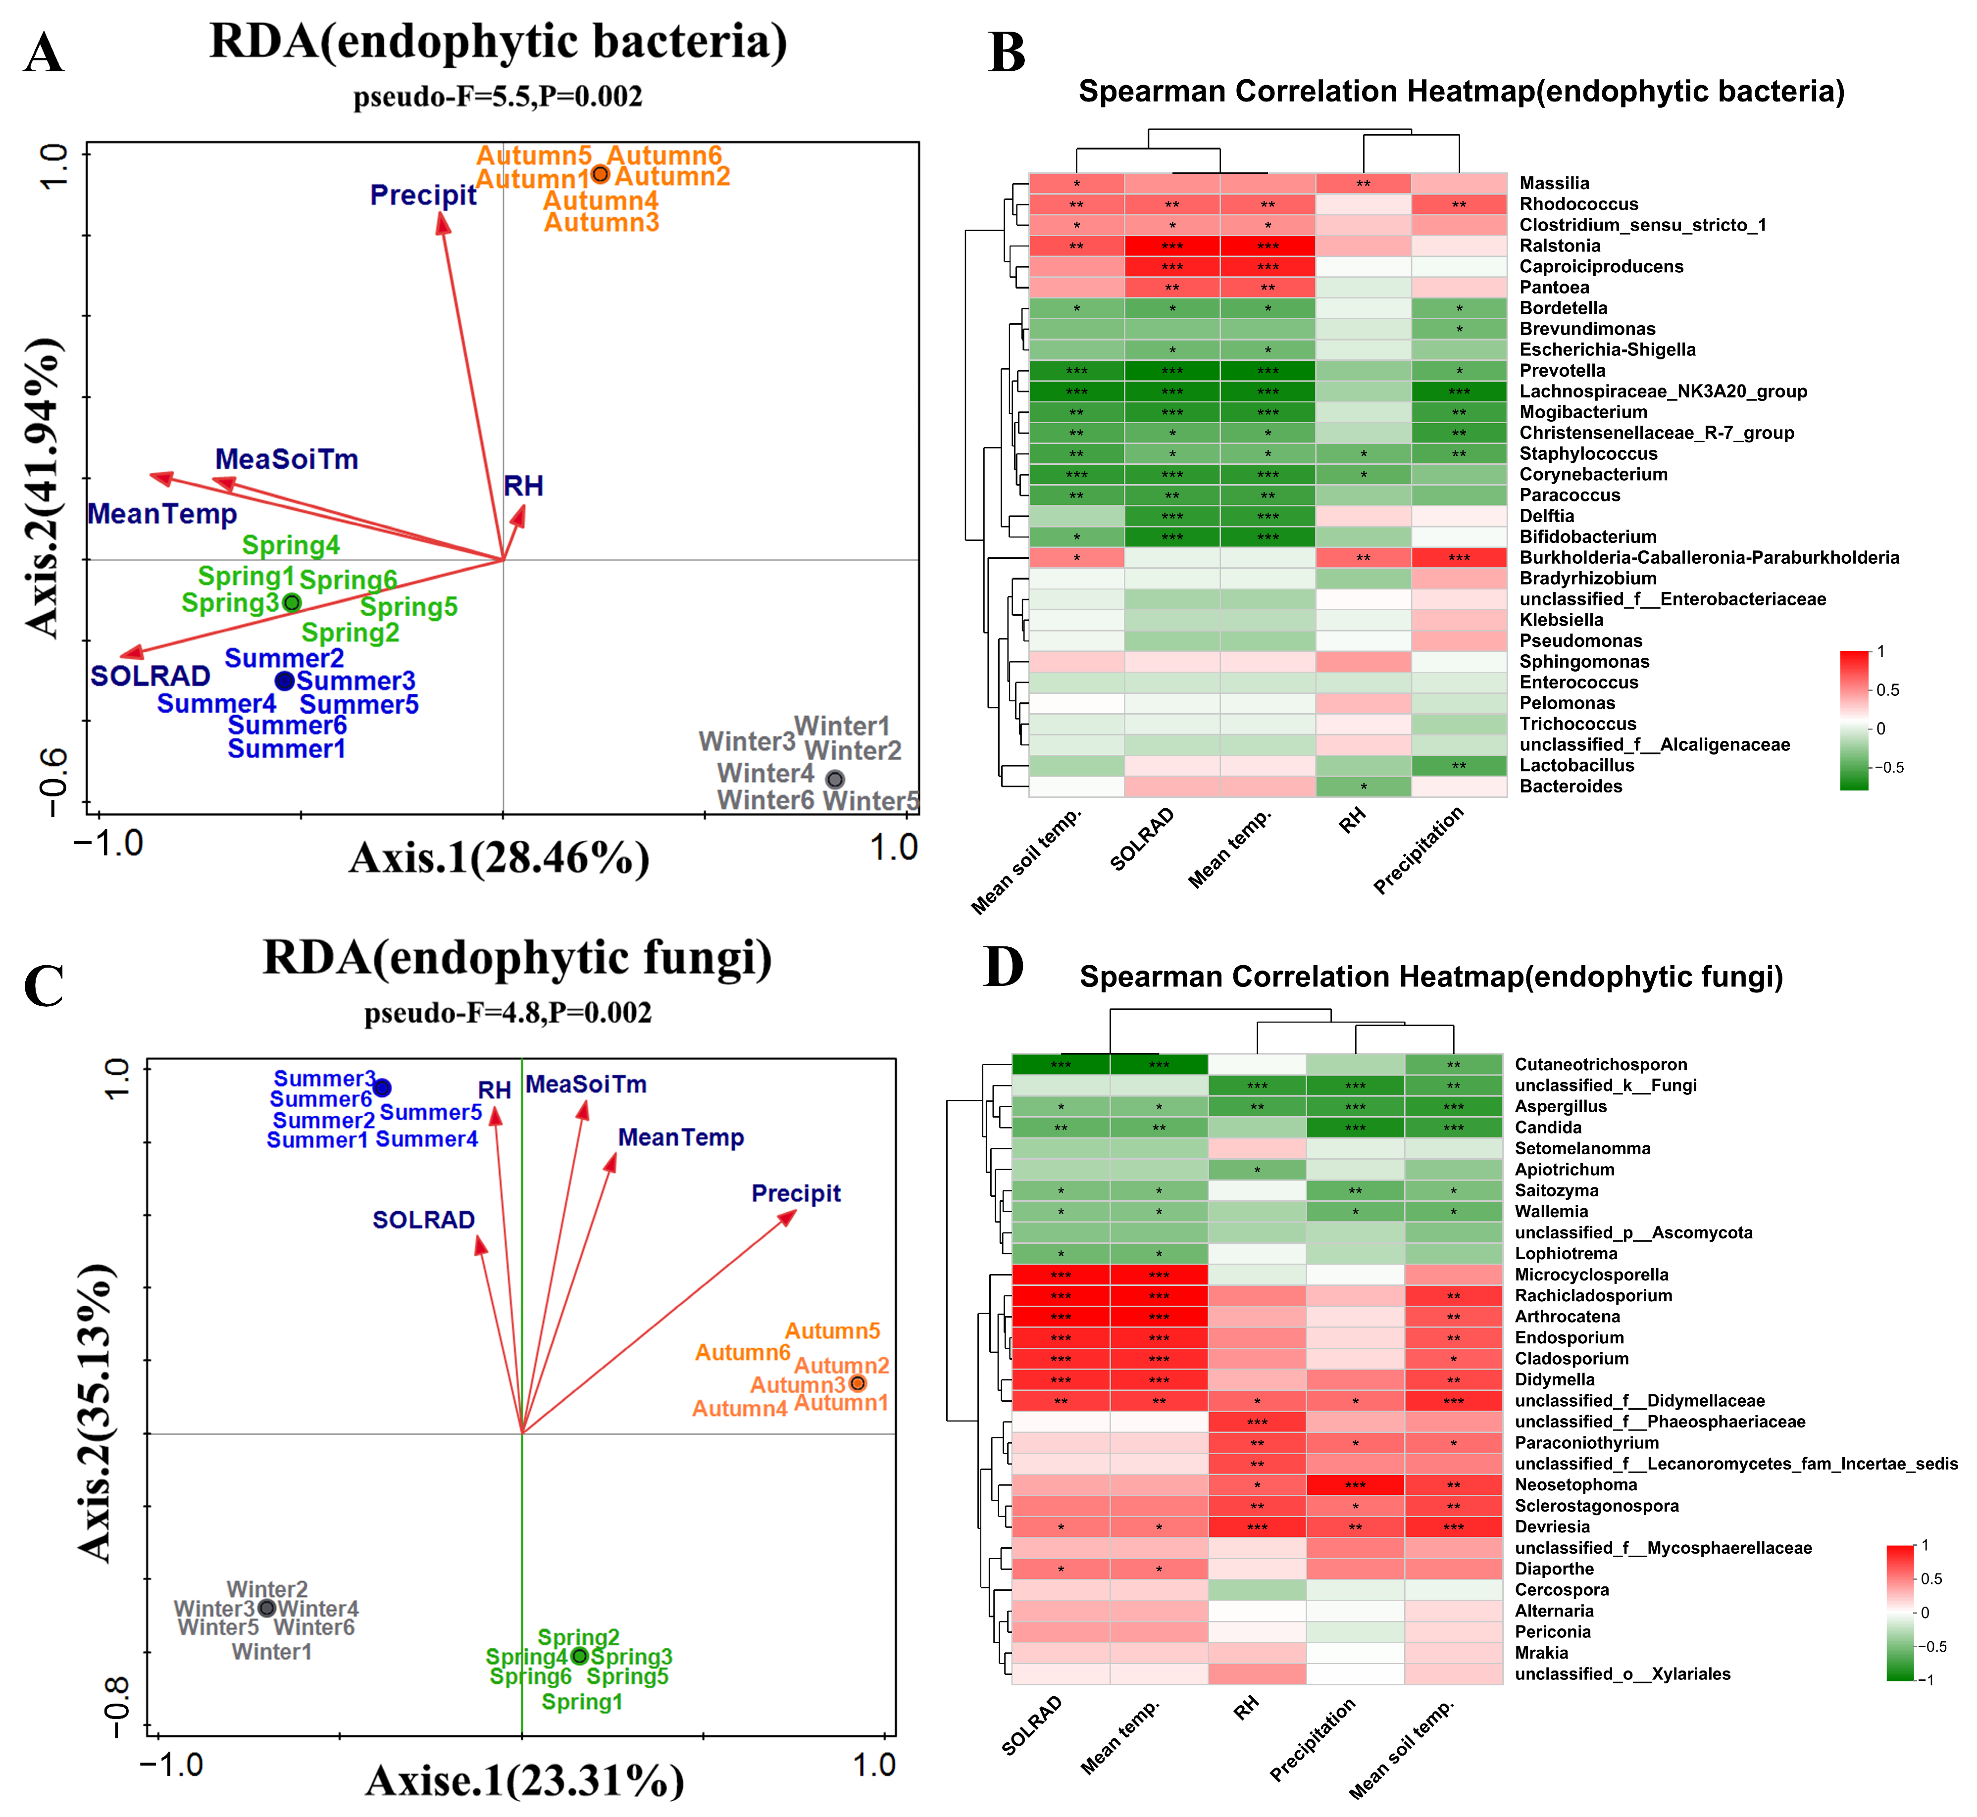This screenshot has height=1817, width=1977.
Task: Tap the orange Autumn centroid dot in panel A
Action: (x=600, y=174)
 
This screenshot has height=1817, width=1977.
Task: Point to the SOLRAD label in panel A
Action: (x=151, y=677)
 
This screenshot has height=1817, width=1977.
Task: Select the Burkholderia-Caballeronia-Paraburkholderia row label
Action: (x=1709, y=557)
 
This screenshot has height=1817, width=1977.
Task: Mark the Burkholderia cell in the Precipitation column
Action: (x=1459, y=557)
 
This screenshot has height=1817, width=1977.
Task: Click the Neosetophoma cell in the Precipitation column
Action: (x=1355, y=1485)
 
